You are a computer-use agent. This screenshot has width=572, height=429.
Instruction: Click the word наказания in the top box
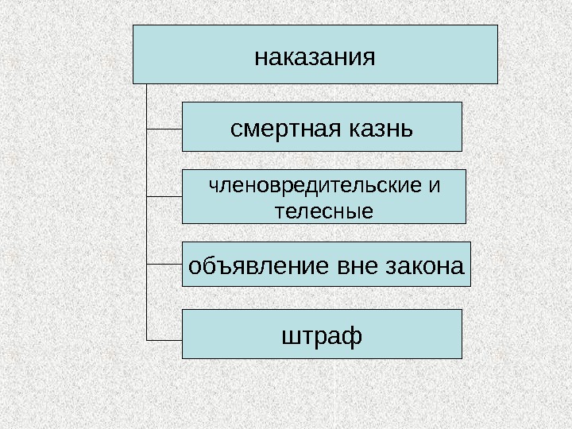coord(314,58)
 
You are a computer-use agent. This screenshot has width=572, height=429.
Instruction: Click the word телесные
coord(323,212)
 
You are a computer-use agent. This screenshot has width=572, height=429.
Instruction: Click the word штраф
coord(322,336)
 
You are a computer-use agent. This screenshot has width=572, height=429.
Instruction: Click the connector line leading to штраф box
coord(164,338)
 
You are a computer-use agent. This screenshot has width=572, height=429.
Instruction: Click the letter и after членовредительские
coord(433,186)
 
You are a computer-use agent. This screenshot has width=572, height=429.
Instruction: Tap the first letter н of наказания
coord(260,58)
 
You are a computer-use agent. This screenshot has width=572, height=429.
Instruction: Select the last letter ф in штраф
coord(354,336)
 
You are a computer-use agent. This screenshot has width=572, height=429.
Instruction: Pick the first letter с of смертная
coord(235,127)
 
